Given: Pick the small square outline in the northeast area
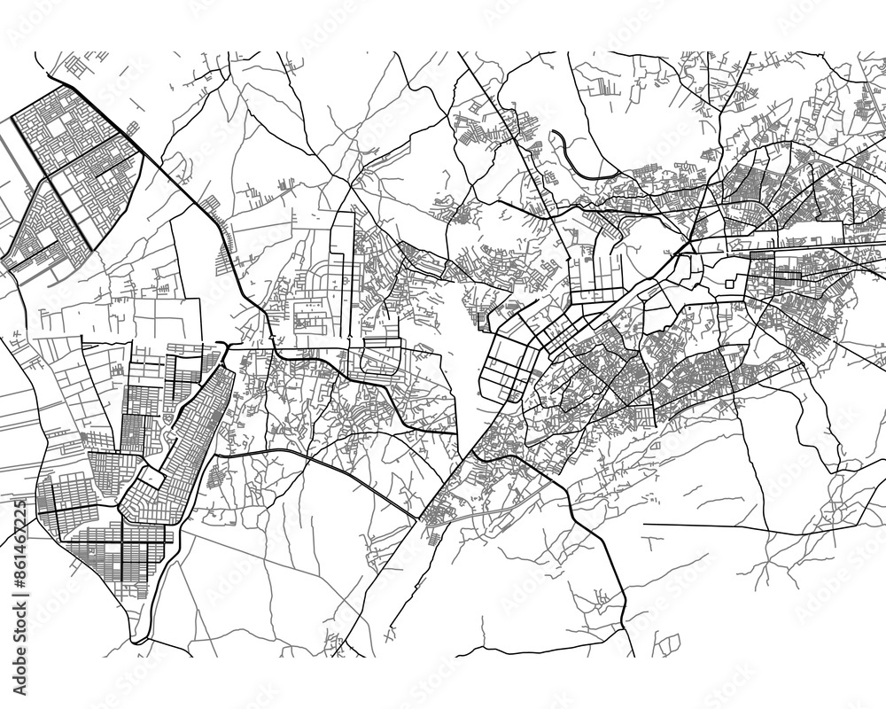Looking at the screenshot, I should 731,284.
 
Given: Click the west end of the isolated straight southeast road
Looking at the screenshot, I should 644,524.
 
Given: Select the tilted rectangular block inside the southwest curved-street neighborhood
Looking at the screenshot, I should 151,479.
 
